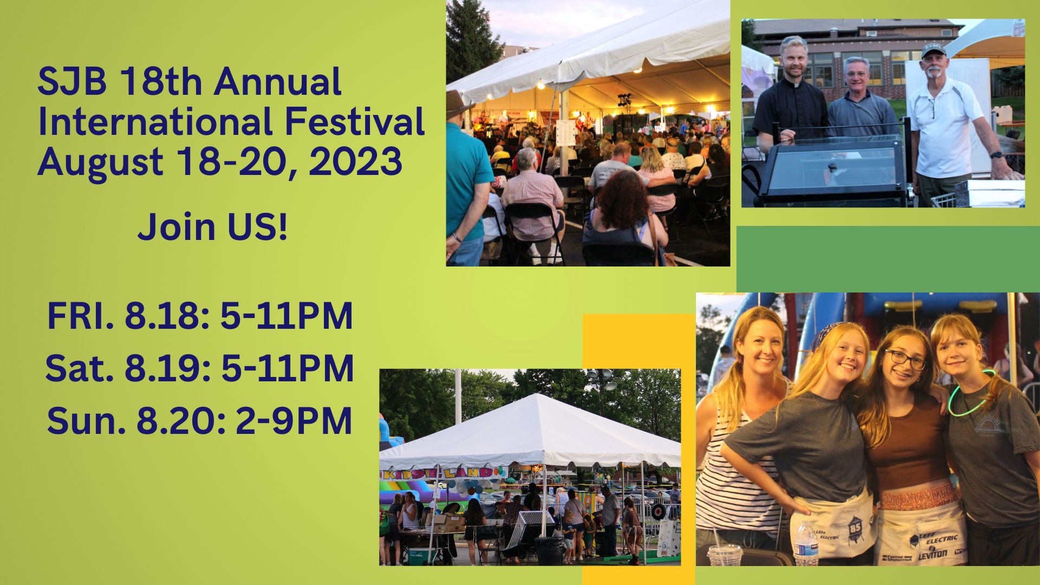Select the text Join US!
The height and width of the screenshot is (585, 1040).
tap(212, 227)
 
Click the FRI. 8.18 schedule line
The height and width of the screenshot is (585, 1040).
tap(200, 316)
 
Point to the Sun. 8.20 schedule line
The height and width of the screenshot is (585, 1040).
tap(200, 421)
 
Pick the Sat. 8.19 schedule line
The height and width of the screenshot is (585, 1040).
tap(200, 369)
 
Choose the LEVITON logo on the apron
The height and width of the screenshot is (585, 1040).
tap(933, 554)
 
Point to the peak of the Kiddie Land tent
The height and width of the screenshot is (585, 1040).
tap(534, 396)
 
